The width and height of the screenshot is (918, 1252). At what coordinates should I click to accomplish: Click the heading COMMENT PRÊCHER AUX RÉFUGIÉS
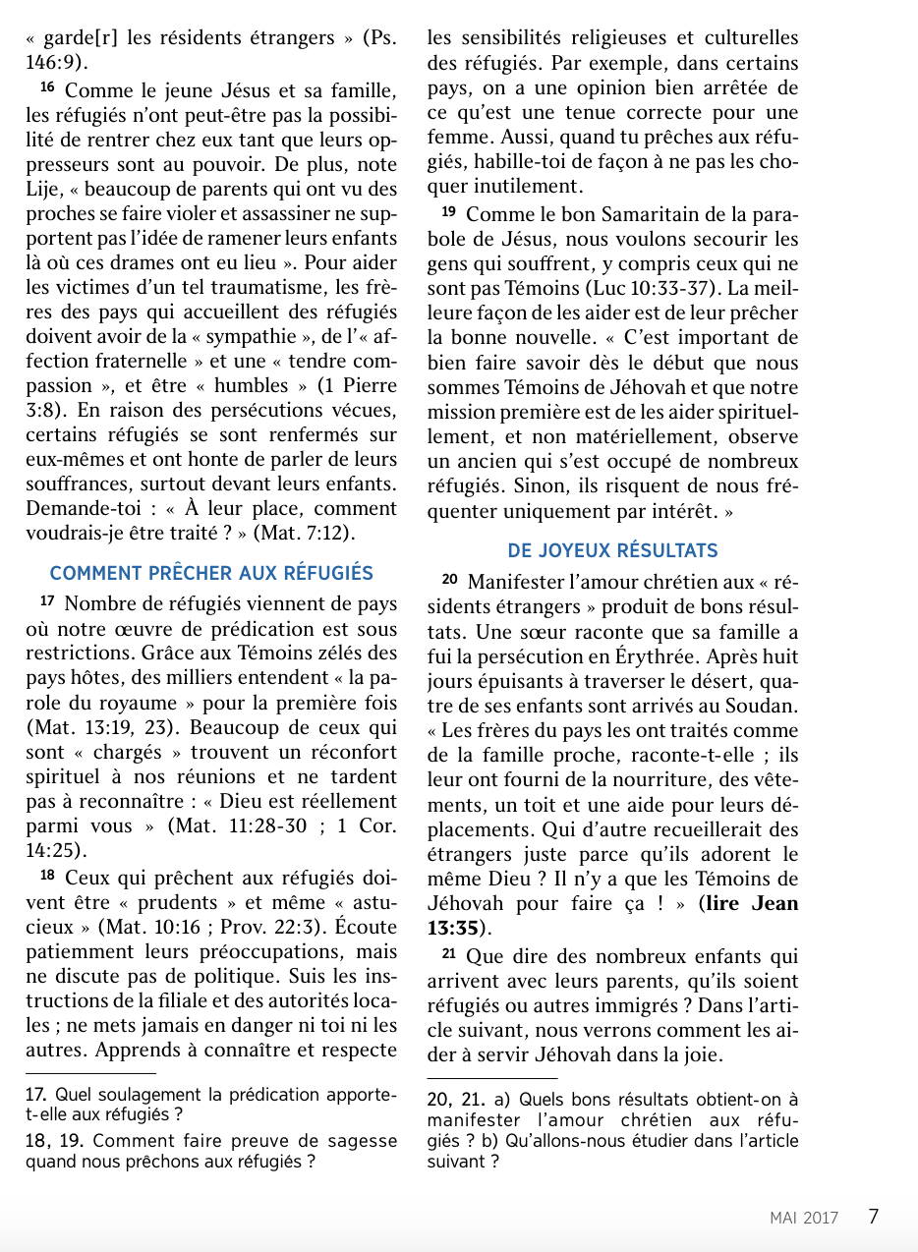[211, 573]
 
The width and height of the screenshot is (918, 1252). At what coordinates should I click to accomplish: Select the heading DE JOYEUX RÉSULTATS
[612, 550]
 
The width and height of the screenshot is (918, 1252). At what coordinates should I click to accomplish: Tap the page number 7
[873, 1216]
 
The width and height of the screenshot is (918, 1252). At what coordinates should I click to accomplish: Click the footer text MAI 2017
[804, 1218]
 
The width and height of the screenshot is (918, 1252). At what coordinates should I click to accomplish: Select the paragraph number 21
[448, 954]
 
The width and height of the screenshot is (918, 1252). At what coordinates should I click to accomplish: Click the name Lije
[43, 187]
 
